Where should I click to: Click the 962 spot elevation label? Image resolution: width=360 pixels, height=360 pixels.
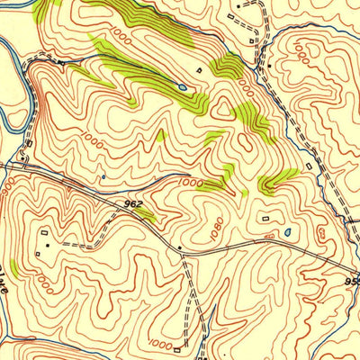coord(132,205)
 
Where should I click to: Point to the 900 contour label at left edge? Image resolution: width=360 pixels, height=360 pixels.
coord(8,185)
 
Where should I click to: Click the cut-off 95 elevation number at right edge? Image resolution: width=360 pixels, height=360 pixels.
coord(353,281)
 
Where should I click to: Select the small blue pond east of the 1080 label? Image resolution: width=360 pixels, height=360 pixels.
coord(287,232)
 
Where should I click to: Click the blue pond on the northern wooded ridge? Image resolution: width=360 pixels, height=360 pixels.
coord(183,87)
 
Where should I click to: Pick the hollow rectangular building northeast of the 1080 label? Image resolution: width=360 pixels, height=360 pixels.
coord(265,217)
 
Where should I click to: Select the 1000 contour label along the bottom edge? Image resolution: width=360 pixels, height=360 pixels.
coord(159,344)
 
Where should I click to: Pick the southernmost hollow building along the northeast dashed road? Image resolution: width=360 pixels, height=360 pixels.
coord(309,166)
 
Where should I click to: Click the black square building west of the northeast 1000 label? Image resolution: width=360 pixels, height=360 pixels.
coord(268,66)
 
